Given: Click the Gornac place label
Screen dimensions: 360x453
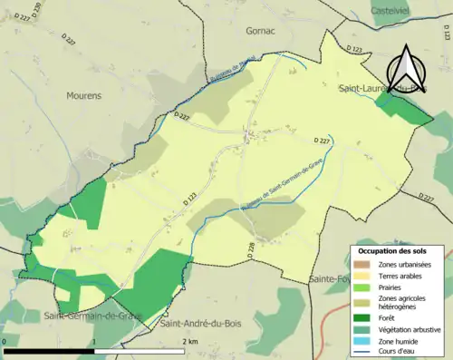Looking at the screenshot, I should (259, 30).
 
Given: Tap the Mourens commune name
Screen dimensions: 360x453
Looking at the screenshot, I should (84, 93).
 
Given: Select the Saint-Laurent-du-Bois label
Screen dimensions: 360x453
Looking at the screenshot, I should (381, 89).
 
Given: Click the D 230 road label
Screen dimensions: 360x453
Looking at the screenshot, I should (37, 12).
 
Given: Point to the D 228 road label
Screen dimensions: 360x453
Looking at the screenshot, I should (250, 247).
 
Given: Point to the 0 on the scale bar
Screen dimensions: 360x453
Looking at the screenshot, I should (5, 342).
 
